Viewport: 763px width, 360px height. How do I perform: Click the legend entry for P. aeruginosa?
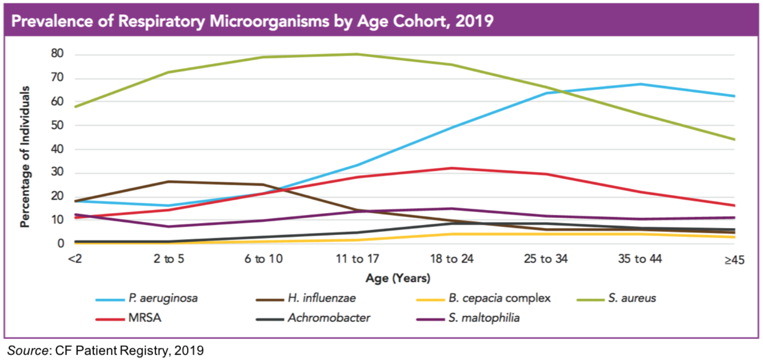[x=163, y=298]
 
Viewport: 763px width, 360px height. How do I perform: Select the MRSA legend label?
[x=144, y=318]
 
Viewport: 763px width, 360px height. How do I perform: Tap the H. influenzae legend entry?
[x=322, y=298]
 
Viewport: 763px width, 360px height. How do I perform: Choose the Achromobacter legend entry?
[x=329, y=318]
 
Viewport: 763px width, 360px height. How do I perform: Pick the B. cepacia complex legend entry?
[x=499, y=298]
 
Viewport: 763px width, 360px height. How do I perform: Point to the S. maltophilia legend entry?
[x=484, y=318]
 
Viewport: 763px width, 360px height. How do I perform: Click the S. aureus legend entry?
[x=632, y=298]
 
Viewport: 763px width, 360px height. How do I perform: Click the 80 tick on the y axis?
[x=57, y=54]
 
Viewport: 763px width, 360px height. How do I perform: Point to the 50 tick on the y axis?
[x=57, y=125]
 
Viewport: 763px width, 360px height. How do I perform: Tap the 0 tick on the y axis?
[x=61, y=243]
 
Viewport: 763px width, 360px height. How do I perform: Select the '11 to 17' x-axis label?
[x=357, y=259]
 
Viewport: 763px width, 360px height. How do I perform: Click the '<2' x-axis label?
[x=75, y=259]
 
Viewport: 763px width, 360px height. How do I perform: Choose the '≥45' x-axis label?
[x=734, y=260]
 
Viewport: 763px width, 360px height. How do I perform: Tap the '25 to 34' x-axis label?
[x=546, y=259]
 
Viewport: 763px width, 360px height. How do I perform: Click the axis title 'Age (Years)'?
[x=398, y=278]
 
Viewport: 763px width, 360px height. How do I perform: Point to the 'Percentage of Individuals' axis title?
[x=25, y=156]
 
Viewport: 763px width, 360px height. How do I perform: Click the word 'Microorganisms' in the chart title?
[x=269, y=21]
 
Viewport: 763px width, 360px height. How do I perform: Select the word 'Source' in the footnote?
[x=28, y=351]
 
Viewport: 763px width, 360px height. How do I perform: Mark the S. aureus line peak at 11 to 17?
[x=357, y=54]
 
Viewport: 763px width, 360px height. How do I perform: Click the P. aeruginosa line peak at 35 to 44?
[x=640, y=84]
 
